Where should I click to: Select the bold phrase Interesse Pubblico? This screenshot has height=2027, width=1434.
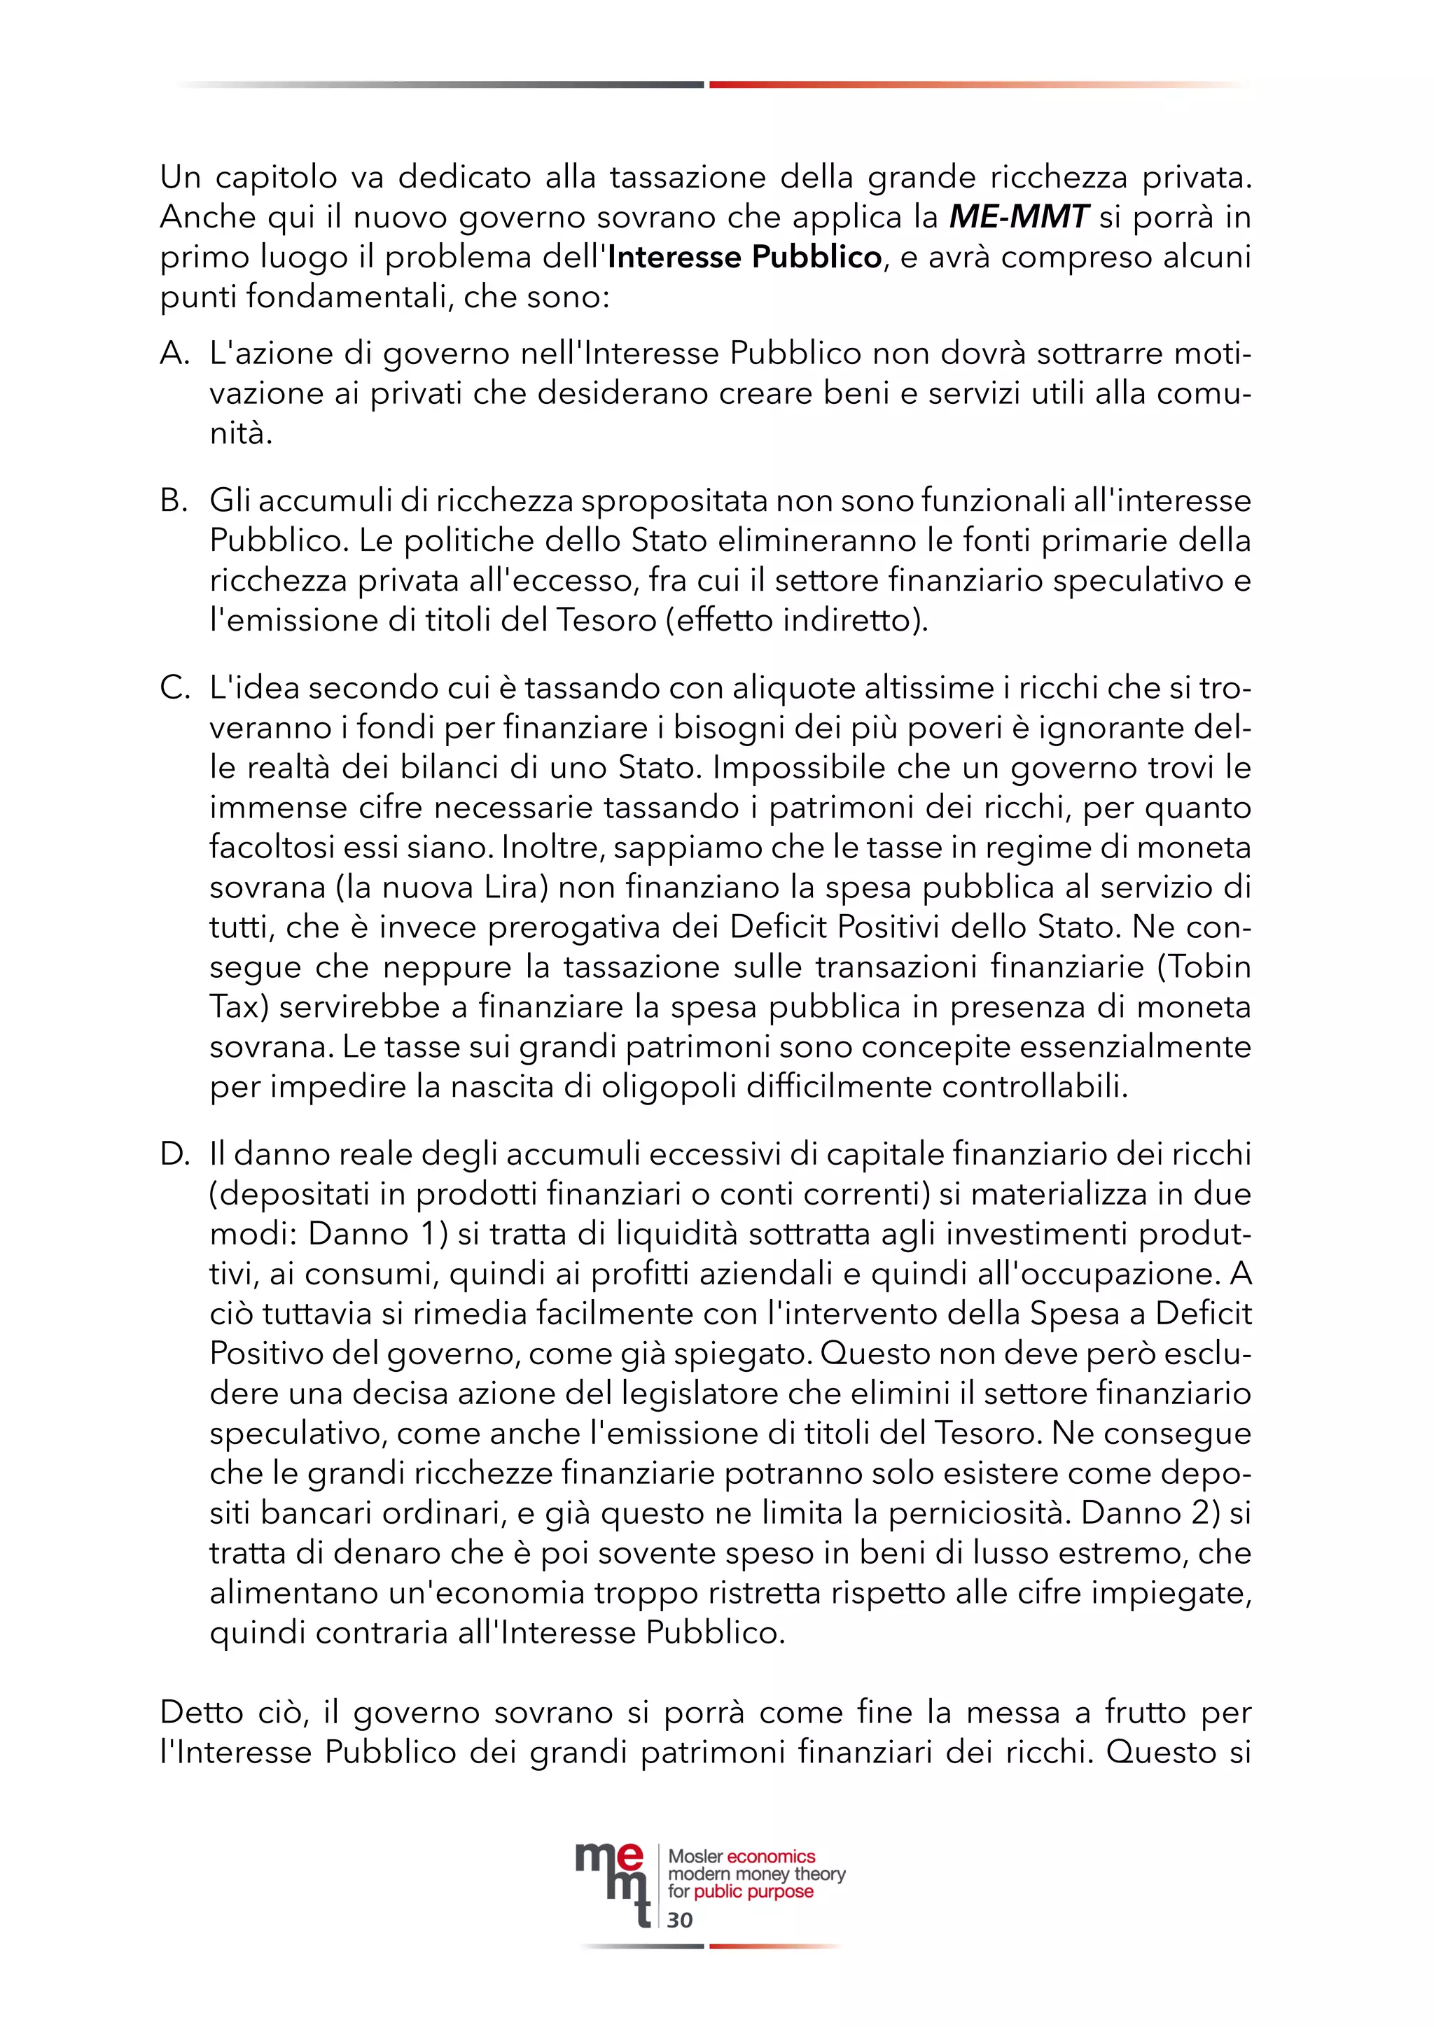(744, 257)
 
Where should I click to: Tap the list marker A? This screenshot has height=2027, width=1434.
(174, 353)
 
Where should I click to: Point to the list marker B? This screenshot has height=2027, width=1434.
(174, 500)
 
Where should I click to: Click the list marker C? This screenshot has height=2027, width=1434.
(174, 688)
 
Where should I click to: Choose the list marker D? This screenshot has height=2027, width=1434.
(174, 1154)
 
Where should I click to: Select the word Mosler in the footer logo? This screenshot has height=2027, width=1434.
(695, 1857)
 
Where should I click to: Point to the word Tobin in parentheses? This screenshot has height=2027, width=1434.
(1210, 967)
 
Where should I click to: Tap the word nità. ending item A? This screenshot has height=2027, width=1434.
(240, 433)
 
